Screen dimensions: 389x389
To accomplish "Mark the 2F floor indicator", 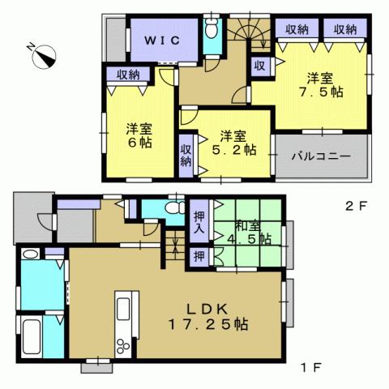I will point(357,205).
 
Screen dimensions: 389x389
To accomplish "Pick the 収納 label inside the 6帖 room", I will point(128,75).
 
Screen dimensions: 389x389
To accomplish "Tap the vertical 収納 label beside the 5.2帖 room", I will point(186,155).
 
